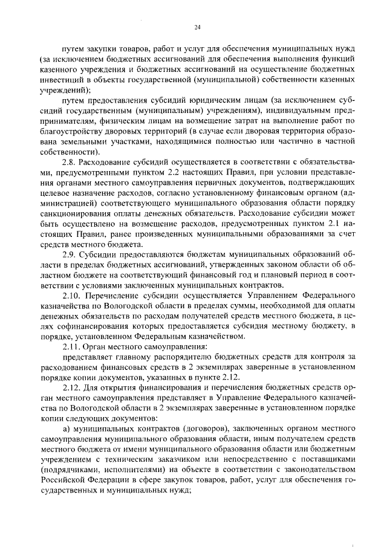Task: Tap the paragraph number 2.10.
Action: click(72, 297)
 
